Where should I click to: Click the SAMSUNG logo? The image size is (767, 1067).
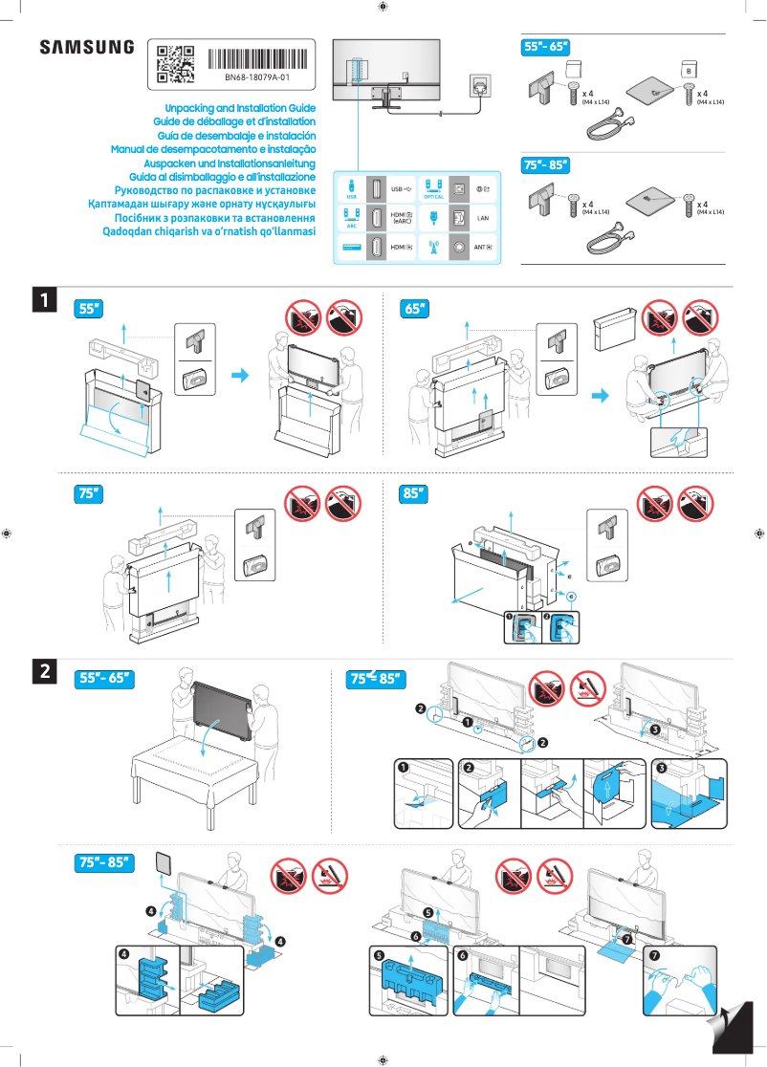(x=86, y=48)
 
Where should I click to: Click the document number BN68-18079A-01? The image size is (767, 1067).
(x=257, y=77)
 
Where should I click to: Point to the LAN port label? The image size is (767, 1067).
(x=483, y=218)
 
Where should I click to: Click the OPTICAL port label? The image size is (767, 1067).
(x=433, y=195)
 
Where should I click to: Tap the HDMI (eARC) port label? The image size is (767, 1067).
(x=402, y=218)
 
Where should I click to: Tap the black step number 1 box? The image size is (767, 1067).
(x=44, y=300)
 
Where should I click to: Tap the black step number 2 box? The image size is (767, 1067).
(x=44, y=672)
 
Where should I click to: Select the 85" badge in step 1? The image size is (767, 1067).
(x=414, y=493)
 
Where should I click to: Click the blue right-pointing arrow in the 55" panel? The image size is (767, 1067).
(x=246, y=375)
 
